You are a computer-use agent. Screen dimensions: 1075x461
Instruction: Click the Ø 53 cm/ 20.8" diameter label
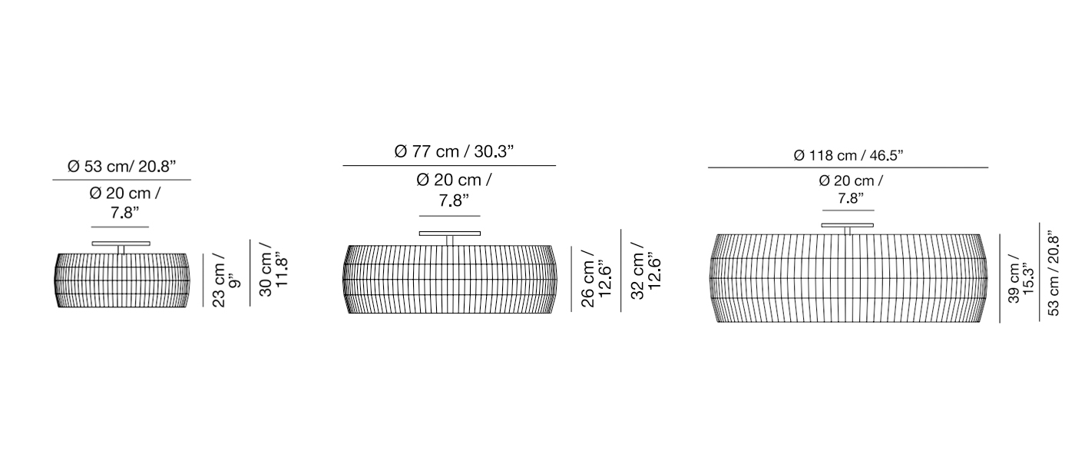122,167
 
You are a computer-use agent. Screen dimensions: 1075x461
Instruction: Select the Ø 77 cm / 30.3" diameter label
454,152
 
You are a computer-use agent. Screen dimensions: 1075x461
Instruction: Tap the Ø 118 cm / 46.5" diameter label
848,155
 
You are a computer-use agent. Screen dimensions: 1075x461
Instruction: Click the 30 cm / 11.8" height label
273,271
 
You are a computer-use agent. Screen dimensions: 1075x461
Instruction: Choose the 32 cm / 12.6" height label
646,271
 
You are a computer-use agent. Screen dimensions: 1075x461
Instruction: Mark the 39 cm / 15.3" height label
1021,283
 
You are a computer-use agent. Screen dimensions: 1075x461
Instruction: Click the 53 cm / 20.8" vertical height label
1053,273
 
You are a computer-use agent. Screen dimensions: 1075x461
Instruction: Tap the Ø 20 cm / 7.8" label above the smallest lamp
124,203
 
